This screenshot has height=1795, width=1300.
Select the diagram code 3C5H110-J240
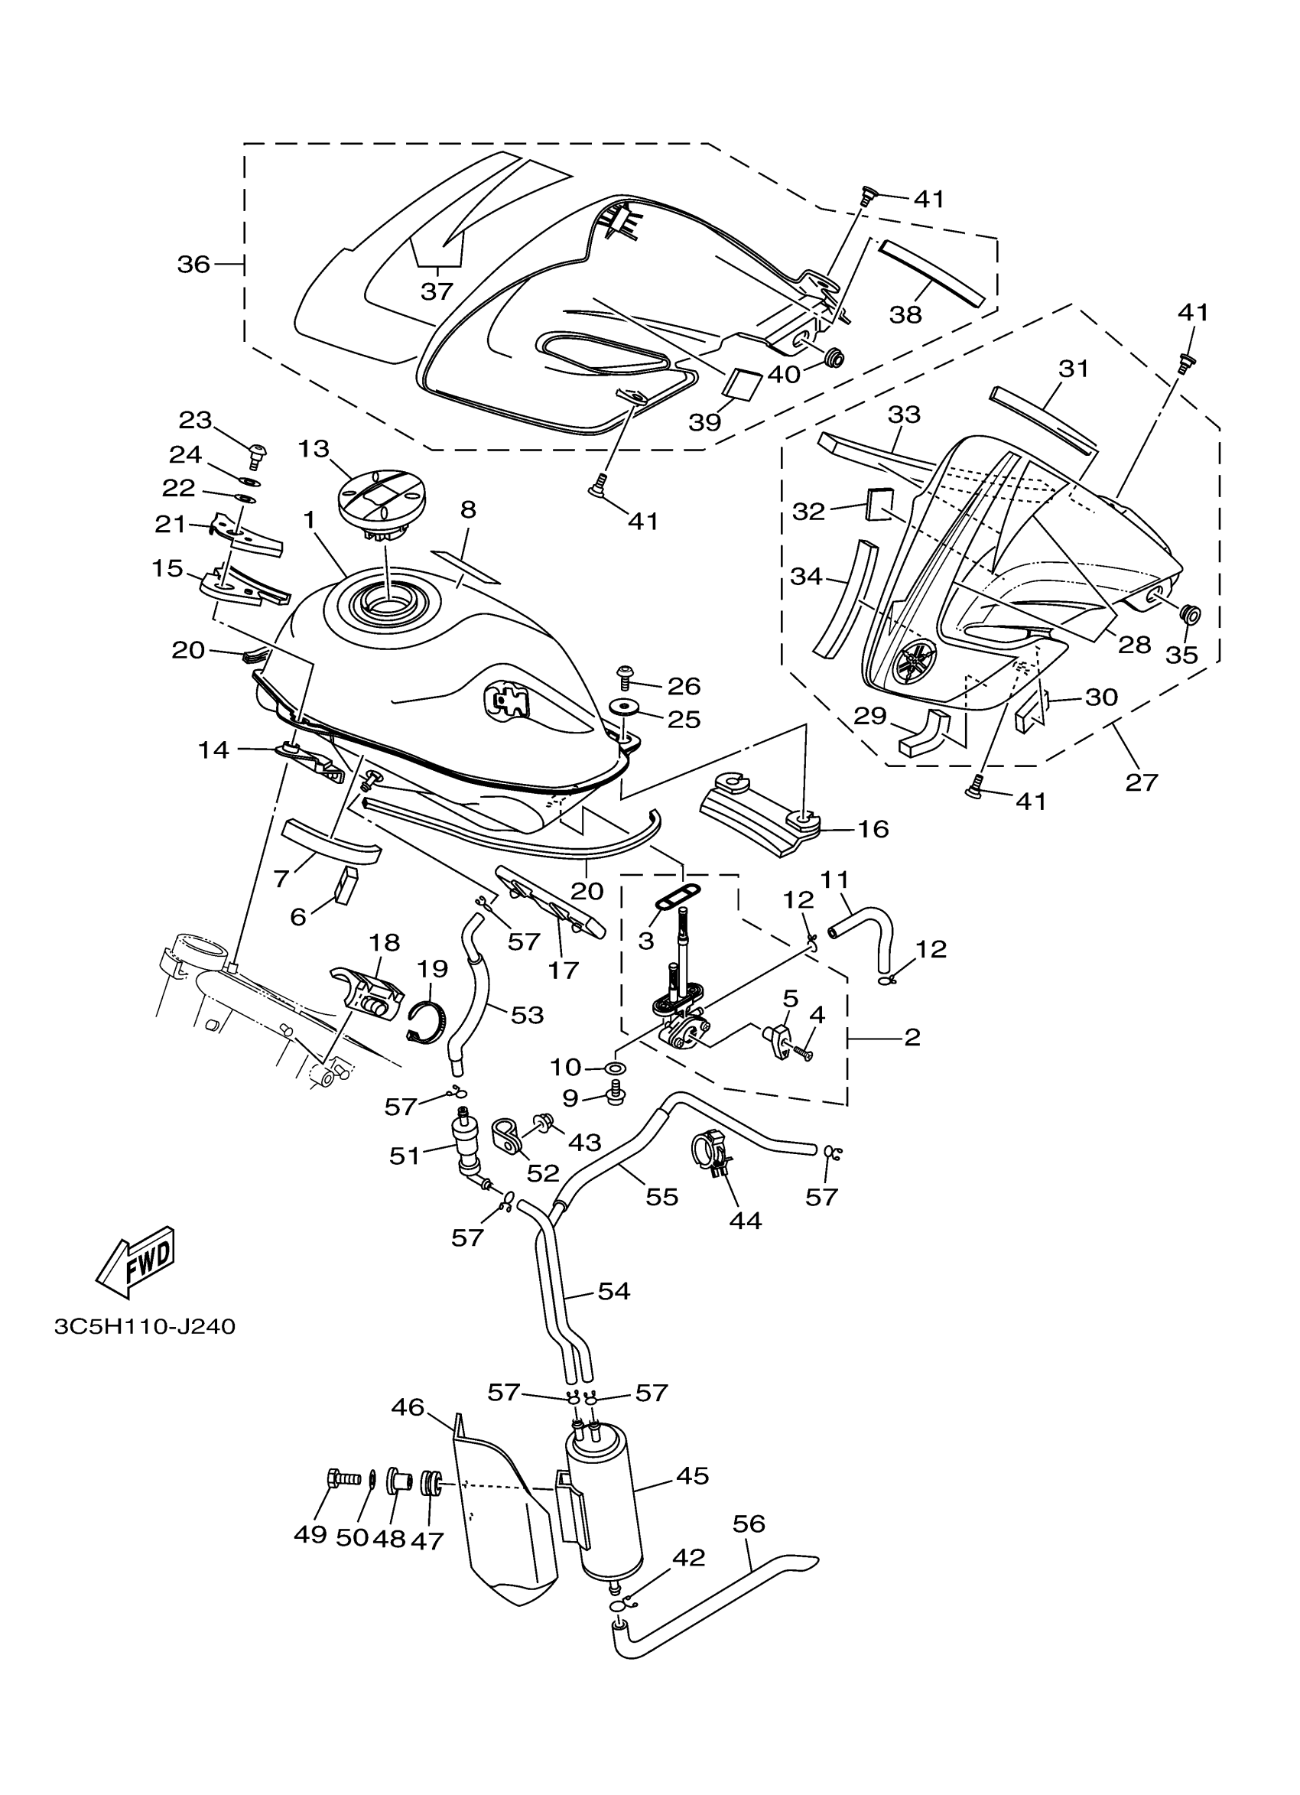[x=145, y=1326]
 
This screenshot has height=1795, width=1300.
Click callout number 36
[x=193, y=265]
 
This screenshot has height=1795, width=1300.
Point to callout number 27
[x=1141, y=782]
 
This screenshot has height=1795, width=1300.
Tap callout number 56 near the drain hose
[x=749, y=1523]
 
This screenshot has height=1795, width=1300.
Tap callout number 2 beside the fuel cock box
[x=912, y=1037]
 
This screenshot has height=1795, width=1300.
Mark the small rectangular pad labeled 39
[x=743, y=382]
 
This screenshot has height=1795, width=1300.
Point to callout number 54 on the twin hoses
[x=614, y=1292]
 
